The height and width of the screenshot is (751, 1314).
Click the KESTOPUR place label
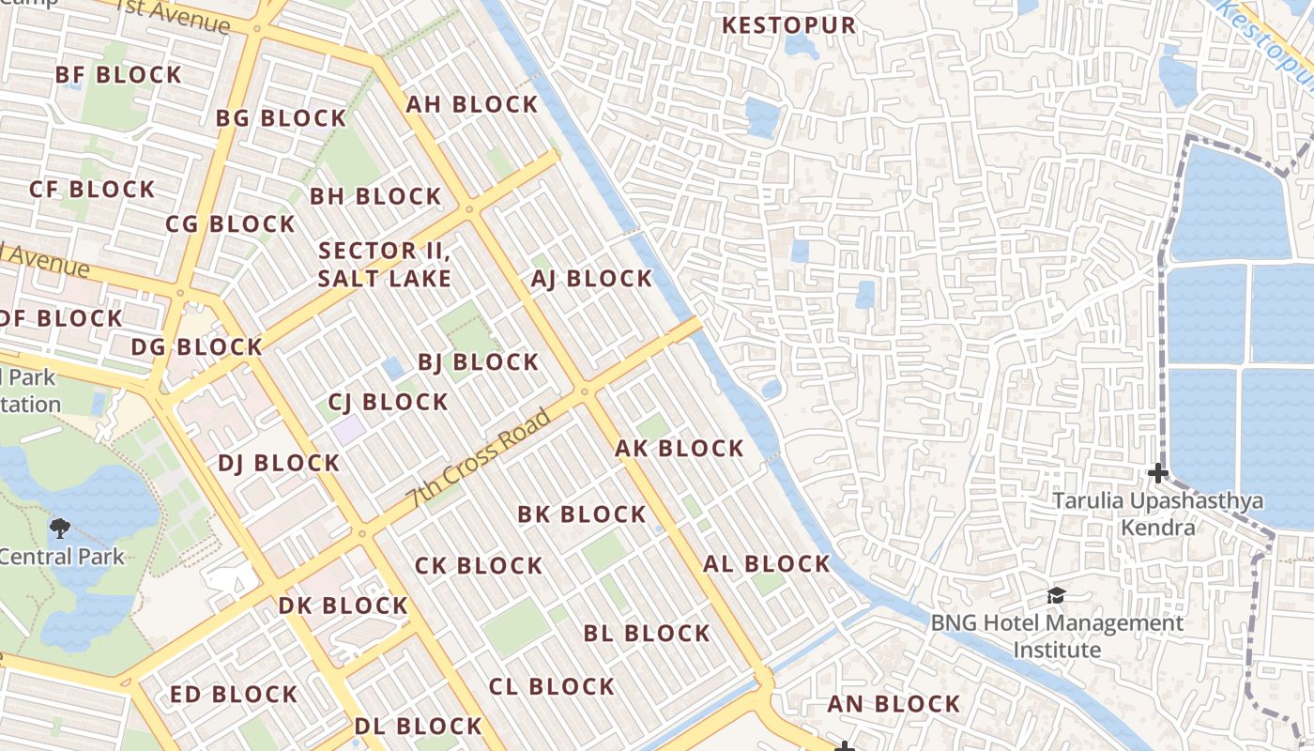coord(788,25)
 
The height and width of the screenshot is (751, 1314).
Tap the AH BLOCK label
coord(471,104)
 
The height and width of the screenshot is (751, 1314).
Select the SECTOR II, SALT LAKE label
coord(385,265)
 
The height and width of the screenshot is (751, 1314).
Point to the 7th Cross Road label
coord(478,459)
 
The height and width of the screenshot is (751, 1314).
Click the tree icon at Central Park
coord(60,528)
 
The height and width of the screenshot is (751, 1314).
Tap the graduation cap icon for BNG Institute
coord(1056,595)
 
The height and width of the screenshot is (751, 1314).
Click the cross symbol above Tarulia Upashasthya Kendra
coord(1158,472)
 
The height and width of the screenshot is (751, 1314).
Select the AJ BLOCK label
coord(591,279)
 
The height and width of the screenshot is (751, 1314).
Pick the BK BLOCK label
coord(582,514)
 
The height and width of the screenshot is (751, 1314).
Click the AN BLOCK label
coord(894,704)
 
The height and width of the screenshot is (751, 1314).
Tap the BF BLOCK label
coord(118,75)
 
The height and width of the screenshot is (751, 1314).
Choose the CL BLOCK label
coord(552,686)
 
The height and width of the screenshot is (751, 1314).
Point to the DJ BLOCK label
coord(278,463)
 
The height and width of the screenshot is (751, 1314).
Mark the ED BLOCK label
coord(234,695)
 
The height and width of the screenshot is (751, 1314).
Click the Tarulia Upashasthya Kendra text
coord(1157,513)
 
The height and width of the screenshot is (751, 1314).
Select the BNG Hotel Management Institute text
coord(1057,636)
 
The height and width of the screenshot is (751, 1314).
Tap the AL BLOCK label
coord(767,564)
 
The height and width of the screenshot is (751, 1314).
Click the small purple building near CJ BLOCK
coord(349,431)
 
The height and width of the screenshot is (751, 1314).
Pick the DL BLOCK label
coord(418,726)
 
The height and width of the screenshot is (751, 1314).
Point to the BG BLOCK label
coord(281,118)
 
